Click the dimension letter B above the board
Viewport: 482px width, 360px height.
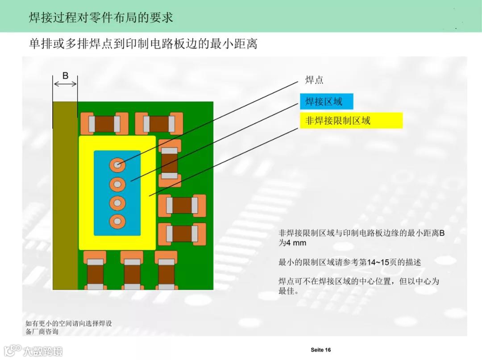(65, 76)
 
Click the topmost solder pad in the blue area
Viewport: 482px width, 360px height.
(117, 165)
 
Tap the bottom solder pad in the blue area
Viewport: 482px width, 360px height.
(117, 221)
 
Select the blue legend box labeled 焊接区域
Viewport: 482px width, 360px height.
(327, 102)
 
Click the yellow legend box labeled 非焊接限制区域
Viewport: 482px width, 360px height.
(351, 120)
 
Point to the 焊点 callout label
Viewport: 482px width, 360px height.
(314, 80)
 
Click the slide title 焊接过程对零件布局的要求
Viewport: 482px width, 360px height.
(101, 17)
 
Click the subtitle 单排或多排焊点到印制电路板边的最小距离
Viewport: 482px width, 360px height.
(143, 44)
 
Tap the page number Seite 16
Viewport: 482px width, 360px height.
(321, 350)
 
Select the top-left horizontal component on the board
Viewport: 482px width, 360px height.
(104, 124)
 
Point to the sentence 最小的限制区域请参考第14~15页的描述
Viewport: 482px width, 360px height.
(349, 262)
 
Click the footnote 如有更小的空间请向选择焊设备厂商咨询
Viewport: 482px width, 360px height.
(71, 327)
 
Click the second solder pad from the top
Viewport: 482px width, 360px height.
(117, 183)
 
